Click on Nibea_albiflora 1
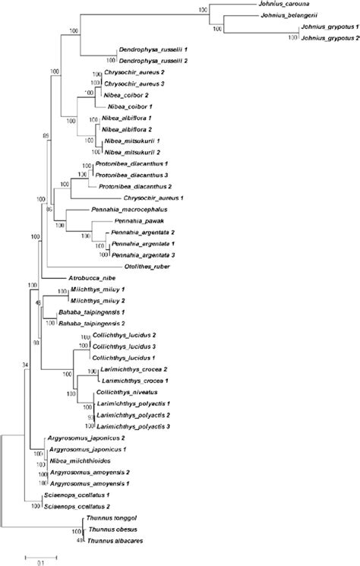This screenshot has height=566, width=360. [x=137, y=119]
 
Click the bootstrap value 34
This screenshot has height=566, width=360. [x=26, y=363]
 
